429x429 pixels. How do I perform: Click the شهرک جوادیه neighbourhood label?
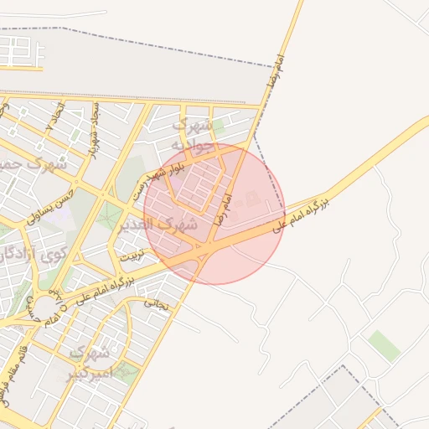point(192,133)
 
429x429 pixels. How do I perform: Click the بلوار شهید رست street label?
point(159,180)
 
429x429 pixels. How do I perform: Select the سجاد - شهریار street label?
point(95,130)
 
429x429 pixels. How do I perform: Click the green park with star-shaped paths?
point(109,216)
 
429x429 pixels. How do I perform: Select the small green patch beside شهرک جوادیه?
point(219,127)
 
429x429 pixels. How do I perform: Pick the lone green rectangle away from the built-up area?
point(384,345)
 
